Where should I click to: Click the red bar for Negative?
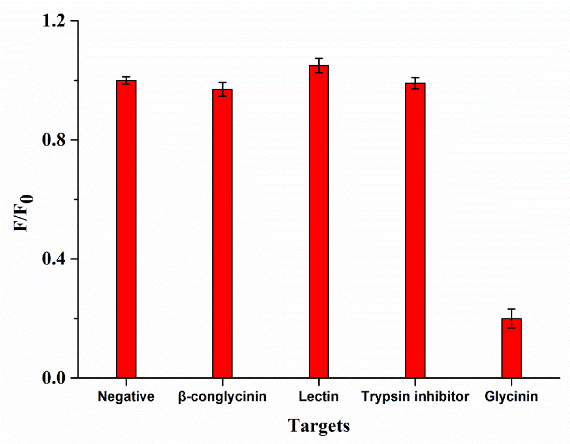(x=126, y=229)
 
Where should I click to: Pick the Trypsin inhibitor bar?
(x=415, y=231)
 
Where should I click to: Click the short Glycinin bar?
(x=511, y=348)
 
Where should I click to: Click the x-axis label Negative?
(x=126, y=396)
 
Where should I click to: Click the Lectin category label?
(x=319, y=396)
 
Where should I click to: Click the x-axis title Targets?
(x=319, y=426)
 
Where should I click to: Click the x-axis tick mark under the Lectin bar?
(x=319, y=382)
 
